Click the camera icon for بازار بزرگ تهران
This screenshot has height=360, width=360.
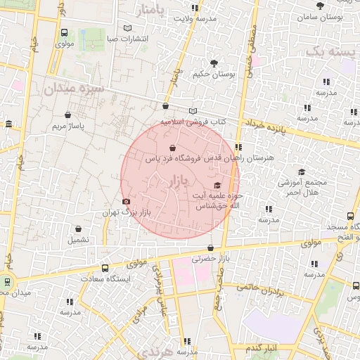(x=126, y=202)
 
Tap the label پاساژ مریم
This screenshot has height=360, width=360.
(x=68, y=127)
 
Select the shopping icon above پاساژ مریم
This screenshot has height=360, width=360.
(x=68, y=115)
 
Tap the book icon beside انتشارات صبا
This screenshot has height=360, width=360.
(x=127, y=28)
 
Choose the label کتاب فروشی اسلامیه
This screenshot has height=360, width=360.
(x=192, y=122)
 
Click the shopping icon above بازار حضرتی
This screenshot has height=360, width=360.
(x=212, y=247)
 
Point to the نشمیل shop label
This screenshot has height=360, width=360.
(x=78, y=240)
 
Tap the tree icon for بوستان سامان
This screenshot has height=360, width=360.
(x=321, y=5)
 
